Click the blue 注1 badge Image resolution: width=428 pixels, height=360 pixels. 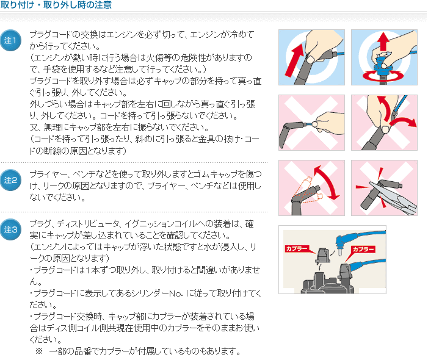coord(10,40)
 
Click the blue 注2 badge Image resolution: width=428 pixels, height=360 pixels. coord(10,180)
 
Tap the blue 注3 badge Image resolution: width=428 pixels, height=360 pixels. coord(10,229)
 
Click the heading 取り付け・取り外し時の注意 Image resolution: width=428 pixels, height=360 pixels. coord(56,5)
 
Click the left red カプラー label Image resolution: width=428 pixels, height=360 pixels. coord(297,248)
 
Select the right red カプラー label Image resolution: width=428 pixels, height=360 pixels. coord(363,250)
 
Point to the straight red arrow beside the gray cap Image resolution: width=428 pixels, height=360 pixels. coord(295,60)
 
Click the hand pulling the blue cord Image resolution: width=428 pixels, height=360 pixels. coord(329,123)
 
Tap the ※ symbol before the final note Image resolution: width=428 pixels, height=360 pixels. coord(39,351)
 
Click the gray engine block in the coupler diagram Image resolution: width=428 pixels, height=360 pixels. coord(327,284)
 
